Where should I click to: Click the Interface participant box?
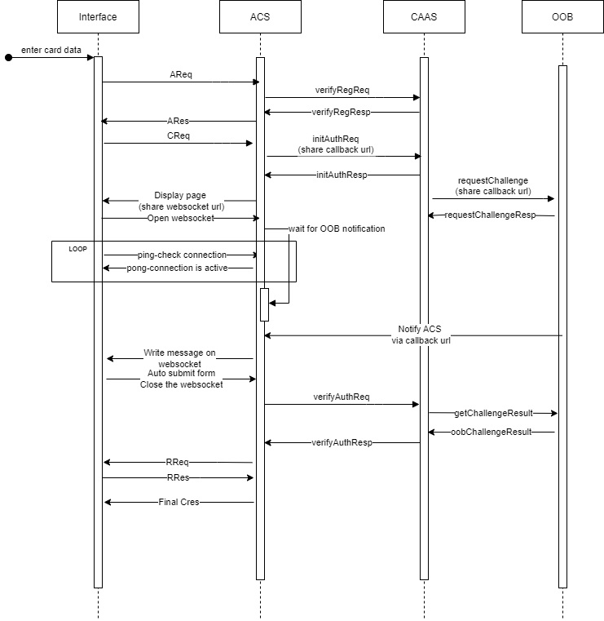pos(98,16)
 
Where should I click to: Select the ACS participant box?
pos(260,16)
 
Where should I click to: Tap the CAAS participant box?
pos(423,16)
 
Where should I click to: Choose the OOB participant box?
pos(562,16)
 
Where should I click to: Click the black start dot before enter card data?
pos(9,58)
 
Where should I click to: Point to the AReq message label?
pos(181,74)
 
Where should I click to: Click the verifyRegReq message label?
pos(342,90)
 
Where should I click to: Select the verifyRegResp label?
pos(342,112)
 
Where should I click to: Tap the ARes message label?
pos(178,121)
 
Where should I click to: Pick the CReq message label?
pos(179,135)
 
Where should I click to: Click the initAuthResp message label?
pos(342,175)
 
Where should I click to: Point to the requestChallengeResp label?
pos(490,215)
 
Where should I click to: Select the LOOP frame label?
pos(77,247)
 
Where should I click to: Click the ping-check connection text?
pos(182,255)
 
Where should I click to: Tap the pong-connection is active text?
pos(178,268)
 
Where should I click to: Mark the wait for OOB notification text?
pos(337,228)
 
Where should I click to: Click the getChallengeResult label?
pos(492,414)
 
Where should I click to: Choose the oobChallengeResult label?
pos(491,432)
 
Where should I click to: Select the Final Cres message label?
pos(179,502)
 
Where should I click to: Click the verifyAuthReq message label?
pos(342,397)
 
